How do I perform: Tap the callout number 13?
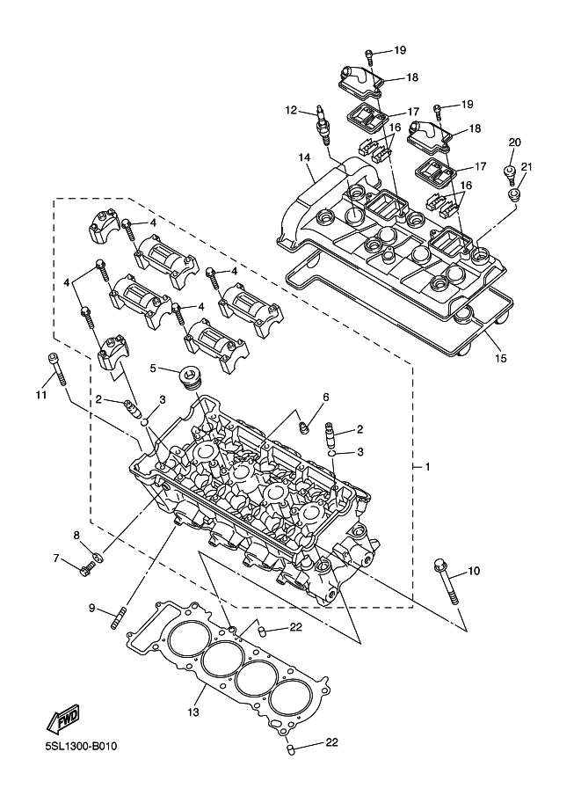(193, 712)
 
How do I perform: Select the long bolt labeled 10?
(447, 581)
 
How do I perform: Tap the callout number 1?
(428, 466)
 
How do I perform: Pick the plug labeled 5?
(191, 379)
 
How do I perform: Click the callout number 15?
(501, 359)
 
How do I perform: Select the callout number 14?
(305, 157)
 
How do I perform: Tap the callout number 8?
(76, 535)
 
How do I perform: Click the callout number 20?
(514, 142)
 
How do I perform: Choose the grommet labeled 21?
(513, 193)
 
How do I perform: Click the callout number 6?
(325, 397)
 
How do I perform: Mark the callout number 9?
(92, 608)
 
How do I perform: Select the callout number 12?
(291, 110)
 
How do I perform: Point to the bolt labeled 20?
(510, 175)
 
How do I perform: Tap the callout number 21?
(527, 166)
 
